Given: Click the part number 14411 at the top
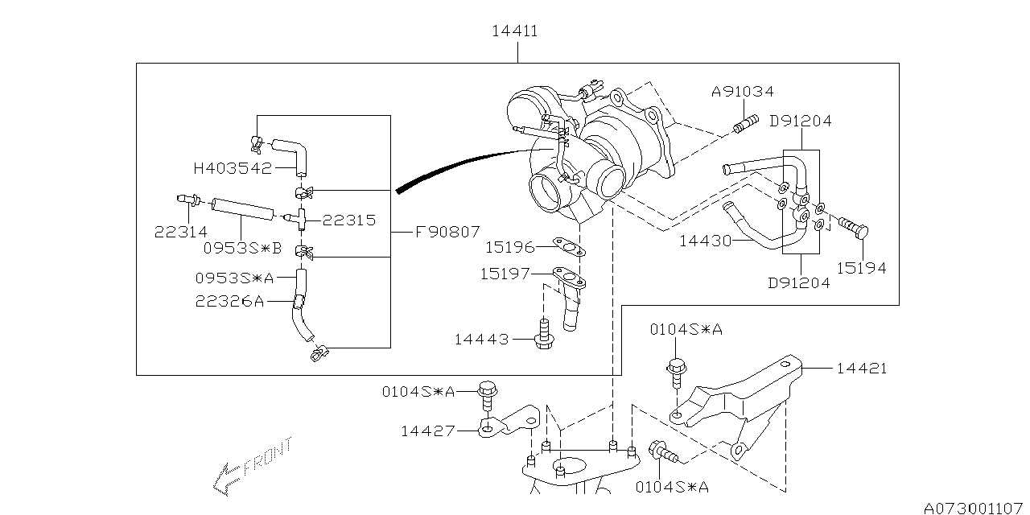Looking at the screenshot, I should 515,31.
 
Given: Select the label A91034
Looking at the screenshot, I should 742,93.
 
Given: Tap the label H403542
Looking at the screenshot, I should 232,168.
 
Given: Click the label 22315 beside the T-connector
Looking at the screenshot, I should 349,220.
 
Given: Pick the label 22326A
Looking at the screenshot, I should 229,301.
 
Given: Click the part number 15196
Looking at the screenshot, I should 510,246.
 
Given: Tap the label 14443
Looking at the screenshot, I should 481,340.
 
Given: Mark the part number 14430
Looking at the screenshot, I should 705,240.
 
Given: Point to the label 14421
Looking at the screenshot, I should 861,369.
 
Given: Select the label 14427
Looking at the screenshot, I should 428,431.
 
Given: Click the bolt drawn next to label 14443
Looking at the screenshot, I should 543,333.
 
